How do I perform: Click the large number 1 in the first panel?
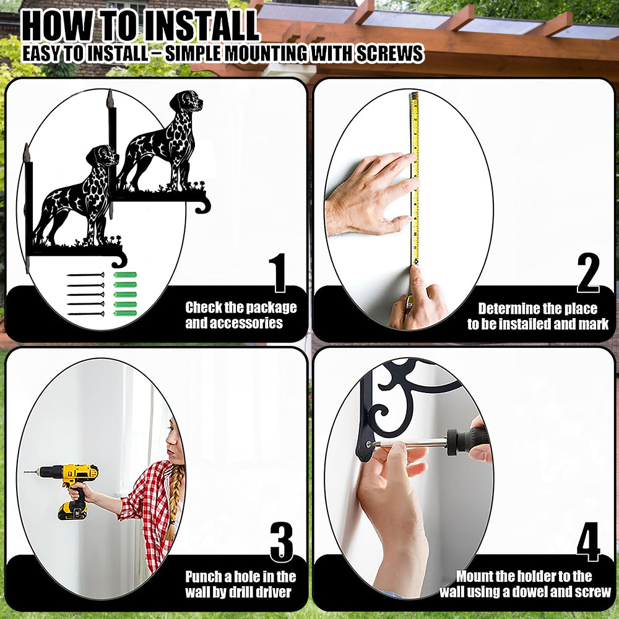pos(279,273)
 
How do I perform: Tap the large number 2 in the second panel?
pos(588,272)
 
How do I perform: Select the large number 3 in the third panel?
pos(282,542)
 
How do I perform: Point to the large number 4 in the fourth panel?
pos(588,542)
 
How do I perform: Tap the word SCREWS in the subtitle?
pos(390,54)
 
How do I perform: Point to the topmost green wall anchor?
pos(125,275)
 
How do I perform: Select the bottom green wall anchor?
pos(125,313)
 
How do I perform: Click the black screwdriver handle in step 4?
pos(468,440)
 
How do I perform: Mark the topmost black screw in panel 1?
pos(85,275)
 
